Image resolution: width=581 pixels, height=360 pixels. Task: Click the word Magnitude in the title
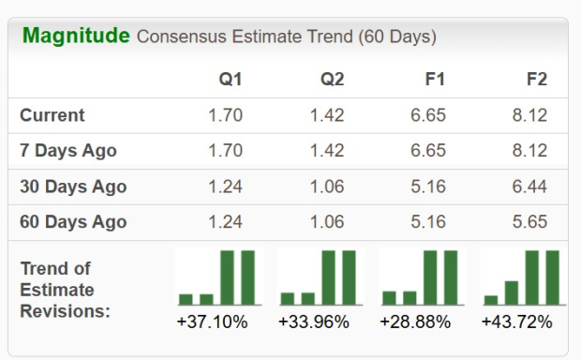(75, 37)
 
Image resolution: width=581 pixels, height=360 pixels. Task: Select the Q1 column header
(230, 80)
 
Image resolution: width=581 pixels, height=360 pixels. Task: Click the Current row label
(52, 115)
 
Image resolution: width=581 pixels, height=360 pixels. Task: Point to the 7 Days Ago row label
(68, 151)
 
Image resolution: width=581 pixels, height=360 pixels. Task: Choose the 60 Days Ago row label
(73, 222)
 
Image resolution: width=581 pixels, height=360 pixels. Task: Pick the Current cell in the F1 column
(428, 115)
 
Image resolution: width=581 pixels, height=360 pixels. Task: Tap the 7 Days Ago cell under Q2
(326, 151)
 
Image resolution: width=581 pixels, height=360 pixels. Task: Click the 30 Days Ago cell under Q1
(225, 187)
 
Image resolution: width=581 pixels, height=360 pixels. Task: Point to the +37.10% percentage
(212, 322)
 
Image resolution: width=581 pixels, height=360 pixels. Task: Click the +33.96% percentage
(314, 322)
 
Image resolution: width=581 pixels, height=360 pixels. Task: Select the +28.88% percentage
(415, 322)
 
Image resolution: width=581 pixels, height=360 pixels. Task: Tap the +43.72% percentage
(516, 322)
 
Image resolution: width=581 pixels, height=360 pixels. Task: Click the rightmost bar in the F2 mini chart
(553, 277)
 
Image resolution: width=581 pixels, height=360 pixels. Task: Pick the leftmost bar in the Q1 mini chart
(186, 299)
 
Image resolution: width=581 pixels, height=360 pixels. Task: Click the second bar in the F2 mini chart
(512, 292)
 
